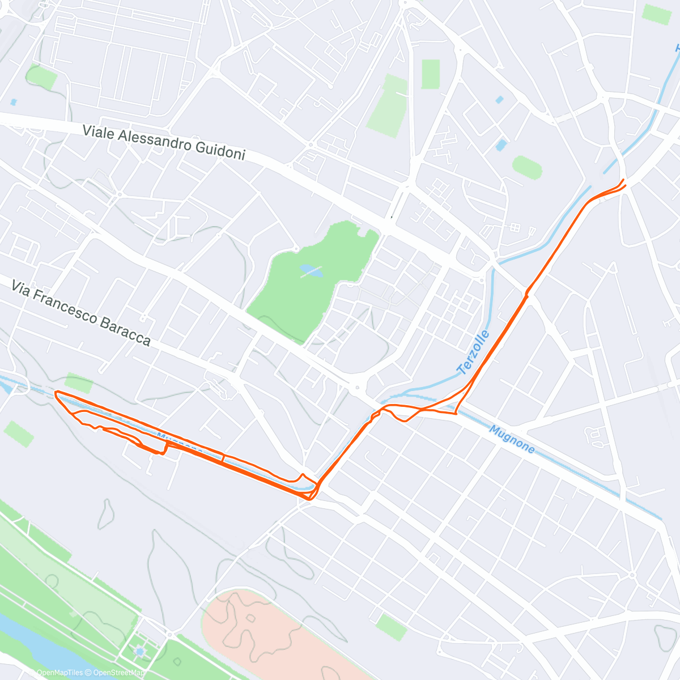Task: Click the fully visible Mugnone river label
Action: click(x=511, y=440)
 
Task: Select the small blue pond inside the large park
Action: click(x=311, y=271)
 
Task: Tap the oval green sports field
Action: click(x=527, y=167)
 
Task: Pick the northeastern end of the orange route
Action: click(x=623, y=180)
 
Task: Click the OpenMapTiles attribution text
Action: click(x=59, y=673)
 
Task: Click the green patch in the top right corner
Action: click(x=657, y=14)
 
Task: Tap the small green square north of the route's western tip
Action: click(x=78, y=383)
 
